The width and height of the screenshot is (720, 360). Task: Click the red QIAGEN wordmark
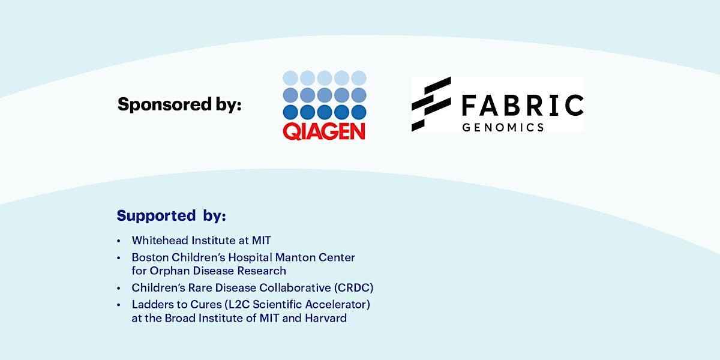324,131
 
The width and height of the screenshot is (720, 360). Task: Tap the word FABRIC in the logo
523,105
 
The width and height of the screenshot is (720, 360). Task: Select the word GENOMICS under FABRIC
503,128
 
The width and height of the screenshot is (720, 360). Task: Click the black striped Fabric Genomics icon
431,104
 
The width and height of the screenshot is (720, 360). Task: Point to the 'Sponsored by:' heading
179,105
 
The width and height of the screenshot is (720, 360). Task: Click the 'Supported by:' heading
172,215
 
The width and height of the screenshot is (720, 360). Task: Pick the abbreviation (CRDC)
353,287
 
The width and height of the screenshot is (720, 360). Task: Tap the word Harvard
326,318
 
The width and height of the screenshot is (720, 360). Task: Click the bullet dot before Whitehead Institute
119,241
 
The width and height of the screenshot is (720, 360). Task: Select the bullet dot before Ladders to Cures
119,305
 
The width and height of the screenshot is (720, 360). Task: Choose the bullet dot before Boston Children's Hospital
119,258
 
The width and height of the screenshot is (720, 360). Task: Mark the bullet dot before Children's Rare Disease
119,288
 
